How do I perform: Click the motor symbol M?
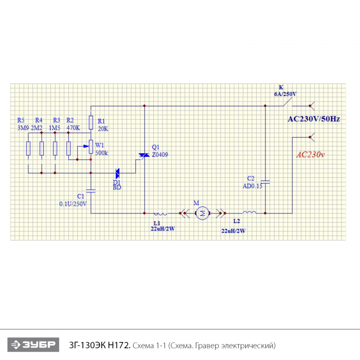(x=203, y=213)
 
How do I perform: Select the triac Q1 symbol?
(x=144, y=155)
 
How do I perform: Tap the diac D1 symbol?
(x=117, y=173)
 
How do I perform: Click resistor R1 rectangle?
(x=91, y=122)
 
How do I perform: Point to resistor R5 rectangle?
(x=28, y=149)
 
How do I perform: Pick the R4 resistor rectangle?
(x=42, y=149)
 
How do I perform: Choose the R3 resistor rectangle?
(x=55, y=149)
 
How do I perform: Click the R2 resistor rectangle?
(x=68, y=149)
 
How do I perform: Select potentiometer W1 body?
(x=91, y=147)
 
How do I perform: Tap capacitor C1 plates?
(x=91, y=191)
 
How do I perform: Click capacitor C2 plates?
(x=265, y=182)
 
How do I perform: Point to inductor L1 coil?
(x=160, y=214)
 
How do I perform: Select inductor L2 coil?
(x=249, y=212)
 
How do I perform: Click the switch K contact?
(x=287, y=102)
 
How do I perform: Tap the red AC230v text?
(x=311, y=154)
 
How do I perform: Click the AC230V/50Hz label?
(x=314, y=119)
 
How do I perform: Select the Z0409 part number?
(x=160, y=155)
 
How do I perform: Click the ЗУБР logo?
(x=33, y=345)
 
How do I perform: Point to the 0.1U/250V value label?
(x=73, y=204)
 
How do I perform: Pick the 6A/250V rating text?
(x=285, y=94)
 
